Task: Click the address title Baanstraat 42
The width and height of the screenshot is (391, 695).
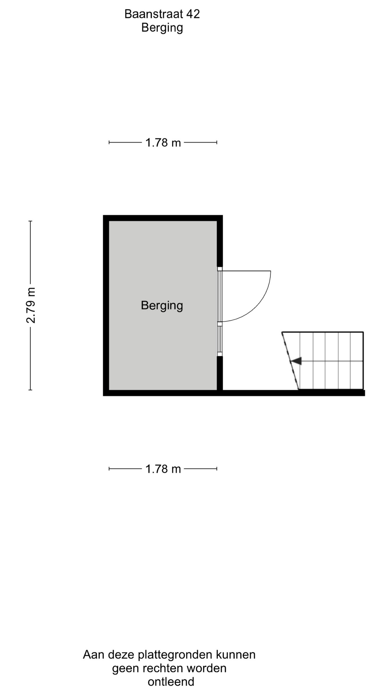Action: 162,14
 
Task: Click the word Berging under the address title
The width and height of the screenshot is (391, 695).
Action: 162,28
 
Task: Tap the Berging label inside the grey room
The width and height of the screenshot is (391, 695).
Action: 162,306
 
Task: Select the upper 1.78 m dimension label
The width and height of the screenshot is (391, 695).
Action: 163,143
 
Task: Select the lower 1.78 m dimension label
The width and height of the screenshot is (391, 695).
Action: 163,469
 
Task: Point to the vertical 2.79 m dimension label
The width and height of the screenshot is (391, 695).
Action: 31,305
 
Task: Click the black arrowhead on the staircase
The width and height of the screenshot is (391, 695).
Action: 296,361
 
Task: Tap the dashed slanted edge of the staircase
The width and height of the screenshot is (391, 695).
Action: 290,361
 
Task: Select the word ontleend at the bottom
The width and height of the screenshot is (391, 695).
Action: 171,682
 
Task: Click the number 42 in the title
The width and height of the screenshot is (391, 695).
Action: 193,14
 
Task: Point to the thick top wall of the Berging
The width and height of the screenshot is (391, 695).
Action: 163,218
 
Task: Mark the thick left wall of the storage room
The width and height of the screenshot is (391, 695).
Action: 106,306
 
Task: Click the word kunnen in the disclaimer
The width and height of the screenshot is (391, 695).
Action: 236,654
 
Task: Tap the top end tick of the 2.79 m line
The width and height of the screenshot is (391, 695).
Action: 30,221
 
